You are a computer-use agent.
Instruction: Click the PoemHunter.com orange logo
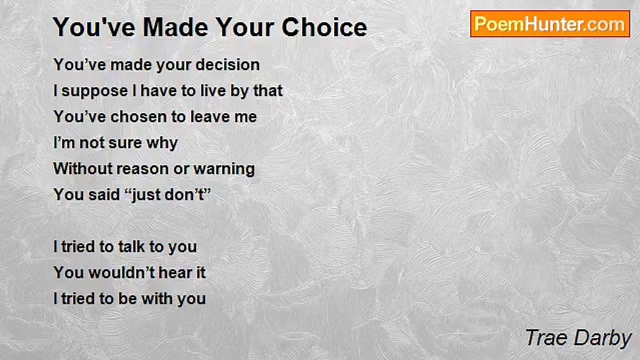(x=550, y=24)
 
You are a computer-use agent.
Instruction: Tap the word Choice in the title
(x=324, y=27)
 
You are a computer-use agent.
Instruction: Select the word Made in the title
(x=175, y=27)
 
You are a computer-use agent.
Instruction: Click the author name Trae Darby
(x=578, y=338)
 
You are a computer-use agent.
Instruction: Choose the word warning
(x=224, y=169)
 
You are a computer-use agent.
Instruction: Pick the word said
(x=104, y=194)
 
